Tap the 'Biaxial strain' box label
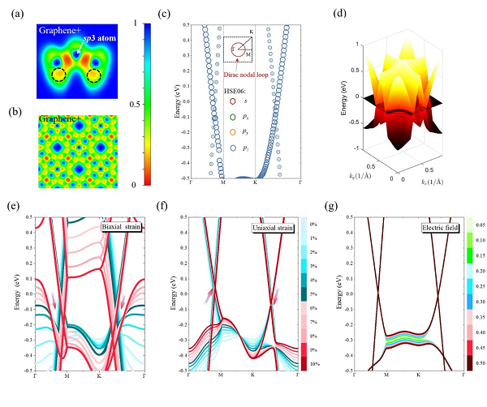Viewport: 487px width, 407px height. pyautogui.click(x=123, y=225)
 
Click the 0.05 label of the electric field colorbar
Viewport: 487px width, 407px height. pyautogui.click(x=480, y=221)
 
